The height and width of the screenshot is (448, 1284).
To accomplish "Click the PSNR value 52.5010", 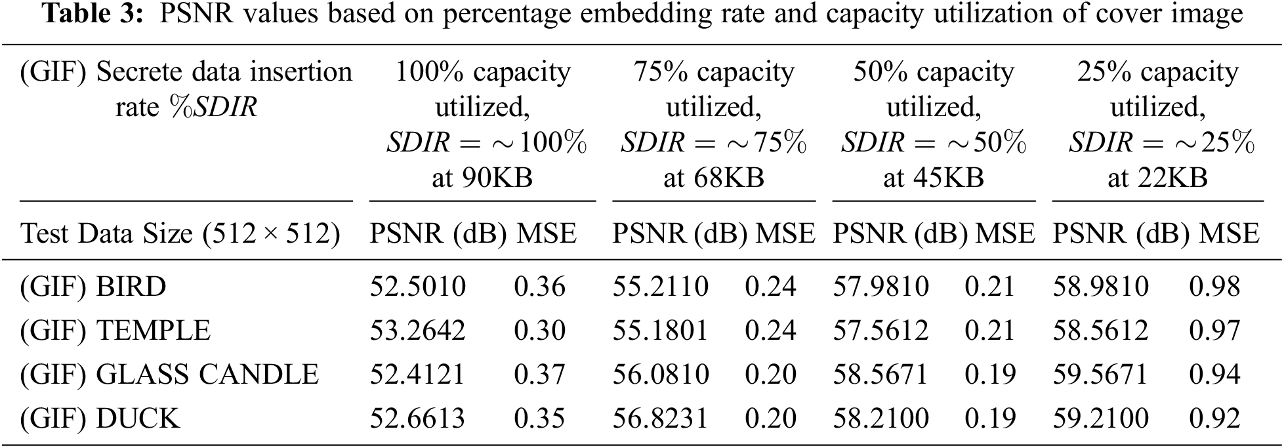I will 417,287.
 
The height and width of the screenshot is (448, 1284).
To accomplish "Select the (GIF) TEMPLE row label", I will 115,331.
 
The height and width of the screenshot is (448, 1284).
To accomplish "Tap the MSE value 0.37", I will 539,375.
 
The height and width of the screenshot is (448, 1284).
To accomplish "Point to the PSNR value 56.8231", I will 661,418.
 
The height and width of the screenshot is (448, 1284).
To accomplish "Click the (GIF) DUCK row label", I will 100,418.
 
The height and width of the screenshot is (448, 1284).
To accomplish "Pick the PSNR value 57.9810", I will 880,287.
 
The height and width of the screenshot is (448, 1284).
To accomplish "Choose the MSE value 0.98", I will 1214,287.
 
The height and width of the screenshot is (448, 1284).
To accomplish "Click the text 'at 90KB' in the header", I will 482,178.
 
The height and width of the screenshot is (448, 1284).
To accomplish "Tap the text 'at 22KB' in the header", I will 1157,178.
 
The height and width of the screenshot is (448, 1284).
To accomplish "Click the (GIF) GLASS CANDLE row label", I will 169,375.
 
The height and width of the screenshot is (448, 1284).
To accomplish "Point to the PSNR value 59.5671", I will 1100,375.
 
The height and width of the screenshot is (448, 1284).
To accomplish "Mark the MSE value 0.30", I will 539,331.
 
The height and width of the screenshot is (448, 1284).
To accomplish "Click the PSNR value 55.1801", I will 661,331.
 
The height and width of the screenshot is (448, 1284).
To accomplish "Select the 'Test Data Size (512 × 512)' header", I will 180,234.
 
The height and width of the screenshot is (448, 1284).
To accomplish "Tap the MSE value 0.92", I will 1214,418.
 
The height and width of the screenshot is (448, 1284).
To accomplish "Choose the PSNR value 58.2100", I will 880,418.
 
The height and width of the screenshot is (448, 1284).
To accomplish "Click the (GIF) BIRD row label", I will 93,287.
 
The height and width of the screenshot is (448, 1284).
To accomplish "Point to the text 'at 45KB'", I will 934,178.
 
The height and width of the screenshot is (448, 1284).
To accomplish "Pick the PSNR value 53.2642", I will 417,331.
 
